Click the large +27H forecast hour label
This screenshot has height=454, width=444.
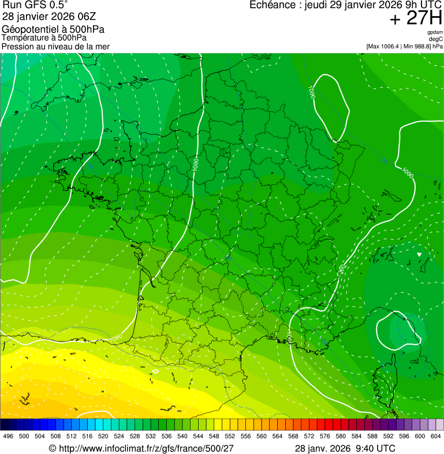(x=416, y=18)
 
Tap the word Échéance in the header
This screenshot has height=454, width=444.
(x=273, y=5)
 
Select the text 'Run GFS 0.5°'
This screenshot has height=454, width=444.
(x=35, y=5)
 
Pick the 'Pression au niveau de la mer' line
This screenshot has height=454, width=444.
(x=56, y=46)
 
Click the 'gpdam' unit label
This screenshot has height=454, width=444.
(x=435, y=32)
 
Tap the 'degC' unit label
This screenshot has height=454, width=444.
(x=436, y=39)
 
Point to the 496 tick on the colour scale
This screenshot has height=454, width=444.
(x=8, y=436)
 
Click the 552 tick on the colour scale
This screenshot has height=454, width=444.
(x=229, y=436)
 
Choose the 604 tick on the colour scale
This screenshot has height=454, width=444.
(x=436, y=436)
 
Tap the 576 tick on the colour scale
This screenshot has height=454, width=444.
(x=325, y=436)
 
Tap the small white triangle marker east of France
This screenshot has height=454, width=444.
(x=419, y=254)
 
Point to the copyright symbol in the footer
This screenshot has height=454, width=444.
(x=53, y=448)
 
